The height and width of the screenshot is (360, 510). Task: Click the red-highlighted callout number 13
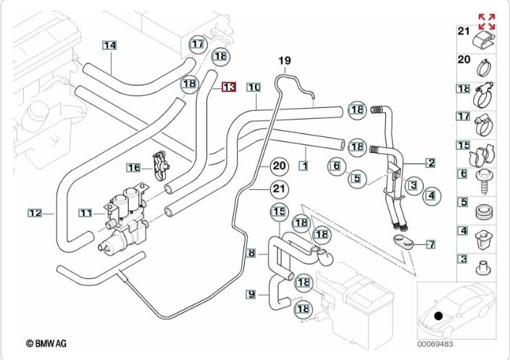tap(229, 87)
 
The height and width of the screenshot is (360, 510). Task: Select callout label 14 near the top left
tap(109, 46)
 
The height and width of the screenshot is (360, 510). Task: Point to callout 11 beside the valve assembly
tap(86, 213)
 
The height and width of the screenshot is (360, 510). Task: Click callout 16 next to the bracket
tap(133, 168)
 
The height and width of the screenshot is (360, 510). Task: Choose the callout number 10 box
tap(253, 87)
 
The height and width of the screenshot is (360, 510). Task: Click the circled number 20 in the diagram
tap(279, 166)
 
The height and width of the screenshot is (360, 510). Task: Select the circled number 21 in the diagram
tap(279, 190)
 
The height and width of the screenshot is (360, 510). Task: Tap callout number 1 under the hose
tap(304, 166)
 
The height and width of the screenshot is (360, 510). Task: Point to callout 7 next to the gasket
tap(430, 243)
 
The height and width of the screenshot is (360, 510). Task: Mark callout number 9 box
tap(251, 294)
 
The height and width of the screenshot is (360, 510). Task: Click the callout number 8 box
tap(251, 253)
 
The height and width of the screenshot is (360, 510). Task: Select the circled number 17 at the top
tap(198, 45)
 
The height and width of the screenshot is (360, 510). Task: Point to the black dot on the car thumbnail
tap(438, 316)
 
